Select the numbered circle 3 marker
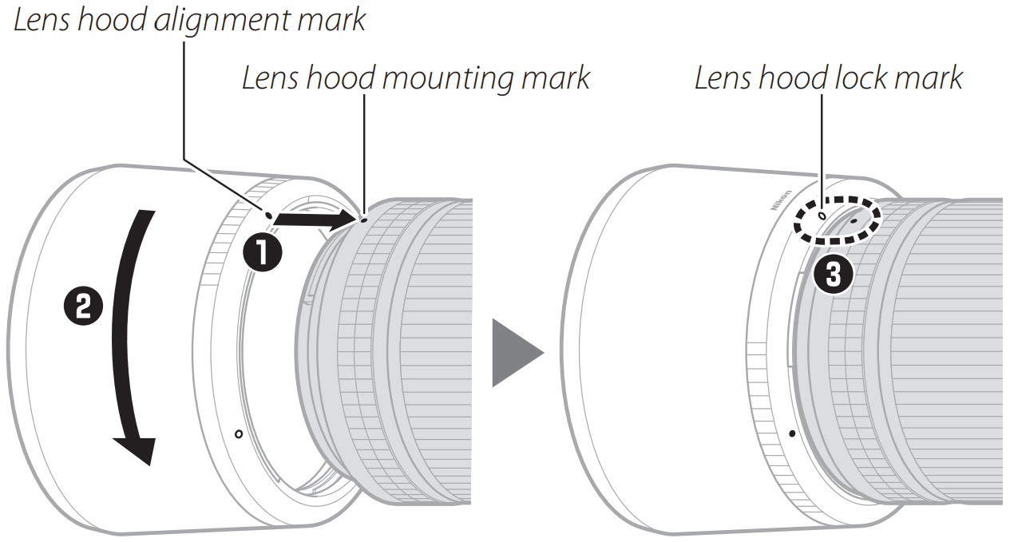coord(832,275)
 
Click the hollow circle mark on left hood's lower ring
coord(239,433)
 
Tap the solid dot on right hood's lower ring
coord(791,433)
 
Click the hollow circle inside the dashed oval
coord(822,215)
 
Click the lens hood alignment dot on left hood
coord(269,214)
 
